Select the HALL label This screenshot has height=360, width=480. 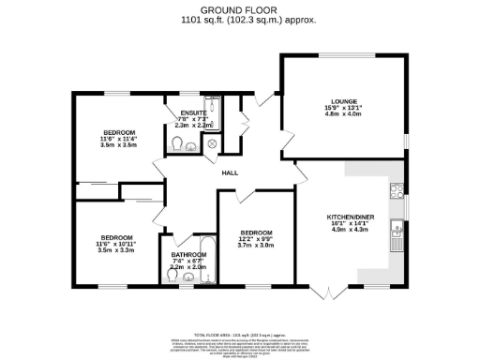(x=230, y=172)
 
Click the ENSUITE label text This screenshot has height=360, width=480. (x=195, y=112)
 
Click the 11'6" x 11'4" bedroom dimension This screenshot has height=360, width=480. (x=119, y=140)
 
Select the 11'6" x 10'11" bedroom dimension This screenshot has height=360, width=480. (x=119, y=245)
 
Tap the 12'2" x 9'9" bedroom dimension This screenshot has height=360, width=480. (x=256, y=239)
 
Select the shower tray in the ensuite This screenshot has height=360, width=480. (x=209, y=106)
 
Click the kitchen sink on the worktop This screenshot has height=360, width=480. (x=398, y=226)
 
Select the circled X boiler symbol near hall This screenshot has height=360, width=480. (x=212, y=143)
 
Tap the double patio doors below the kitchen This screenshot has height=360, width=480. (x=333, y=292)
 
